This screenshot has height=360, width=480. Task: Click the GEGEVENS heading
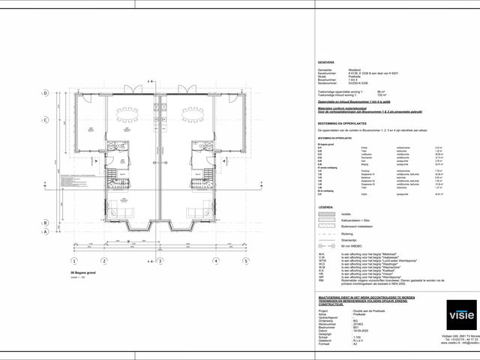click(x=326, y=64)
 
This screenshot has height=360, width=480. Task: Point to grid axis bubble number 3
click(x=160, y=261)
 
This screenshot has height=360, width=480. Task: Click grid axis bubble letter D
click(x=45, y=94)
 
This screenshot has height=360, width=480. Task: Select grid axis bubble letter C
click(x=45, y=119)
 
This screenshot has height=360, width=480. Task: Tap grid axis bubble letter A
click(x=45, y=232)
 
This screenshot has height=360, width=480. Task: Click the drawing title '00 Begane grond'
click(x=84, y=273)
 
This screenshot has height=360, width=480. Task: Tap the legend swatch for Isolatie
click(x=325, y=214)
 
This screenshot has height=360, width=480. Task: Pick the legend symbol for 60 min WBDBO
click(x=325, y=246)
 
